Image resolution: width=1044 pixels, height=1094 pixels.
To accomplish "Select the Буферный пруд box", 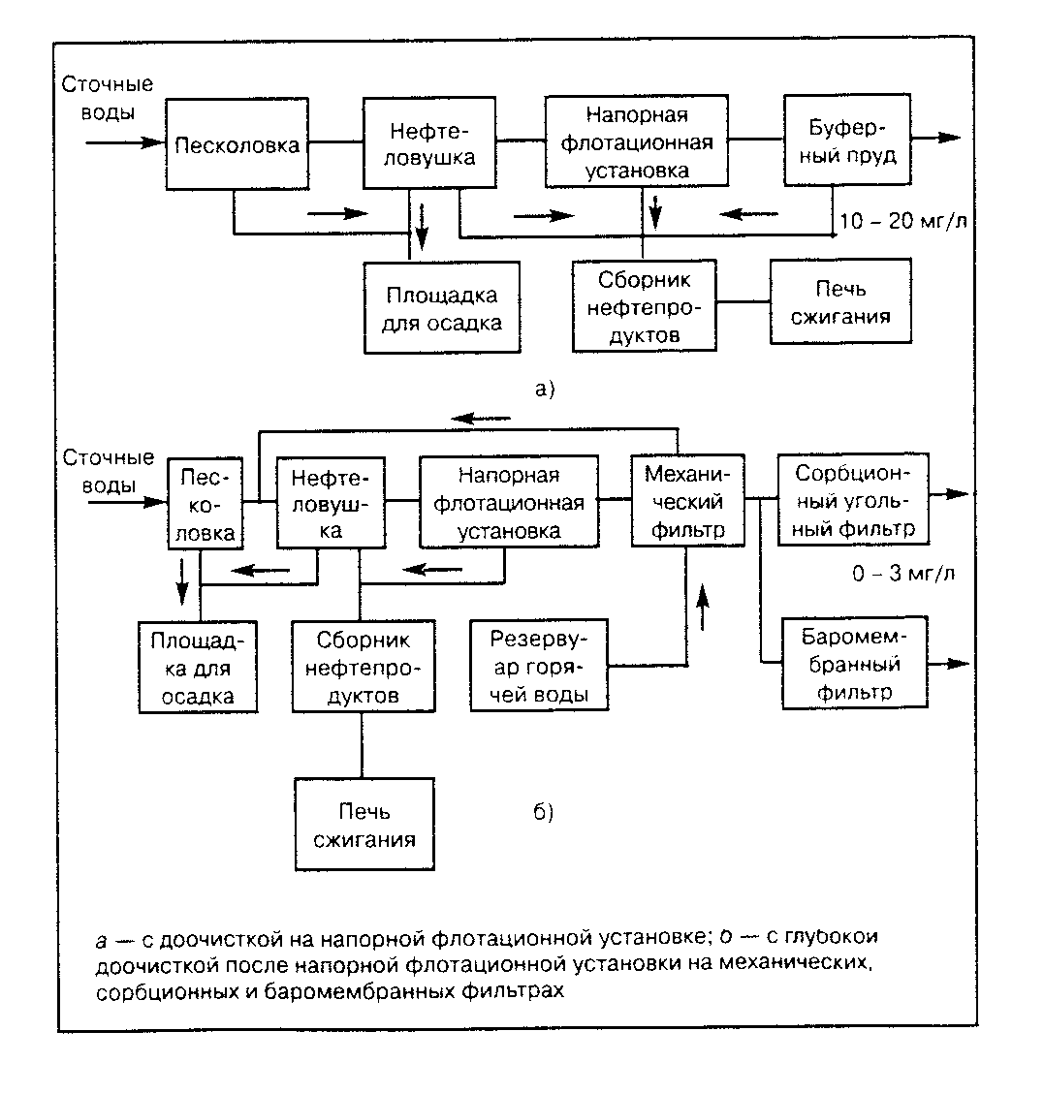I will coord(847,141).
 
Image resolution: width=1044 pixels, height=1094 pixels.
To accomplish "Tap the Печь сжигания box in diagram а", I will coord(840,301).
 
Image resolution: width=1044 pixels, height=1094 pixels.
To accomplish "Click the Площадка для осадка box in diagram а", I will coord(442,307).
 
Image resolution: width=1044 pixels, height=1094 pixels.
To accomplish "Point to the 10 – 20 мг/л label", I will coord(902,221).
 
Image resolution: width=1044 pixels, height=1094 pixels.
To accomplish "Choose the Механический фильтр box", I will coord(687,501).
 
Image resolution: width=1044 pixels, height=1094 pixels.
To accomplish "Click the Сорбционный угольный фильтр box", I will coord(853,501).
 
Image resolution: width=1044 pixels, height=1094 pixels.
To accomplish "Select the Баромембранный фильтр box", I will coord(853,665).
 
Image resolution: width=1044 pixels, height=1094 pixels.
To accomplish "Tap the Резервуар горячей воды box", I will coord(538,667).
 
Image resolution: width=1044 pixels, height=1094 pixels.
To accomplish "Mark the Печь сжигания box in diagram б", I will coord(364,825).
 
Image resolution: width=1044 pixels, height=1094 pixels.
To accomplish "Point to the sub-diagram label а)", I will coord(544,390).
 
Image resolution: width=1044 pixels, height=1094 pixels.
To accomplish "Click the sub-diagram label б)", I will coord(543,812).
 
